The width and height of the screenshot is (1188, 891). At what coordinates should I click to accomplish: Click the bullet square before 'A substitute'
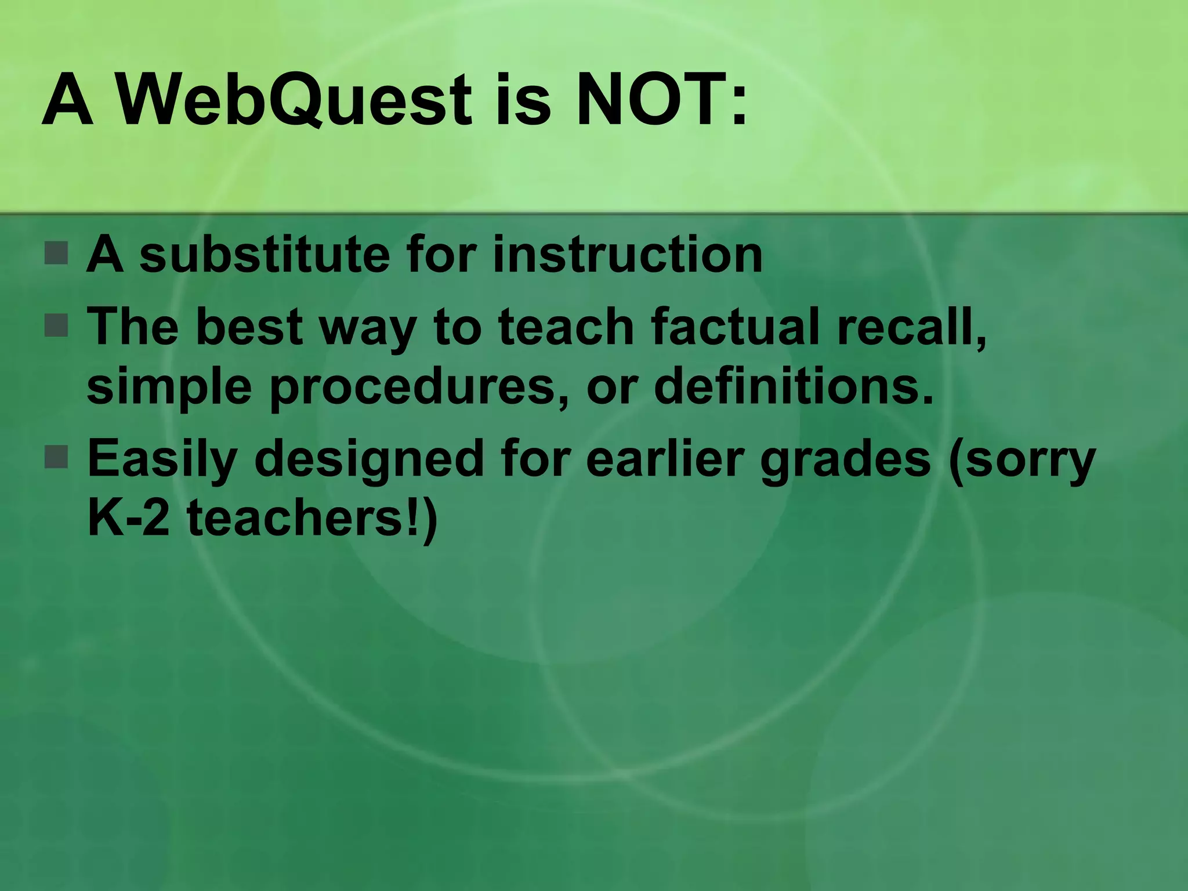(x=56, y=253)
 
